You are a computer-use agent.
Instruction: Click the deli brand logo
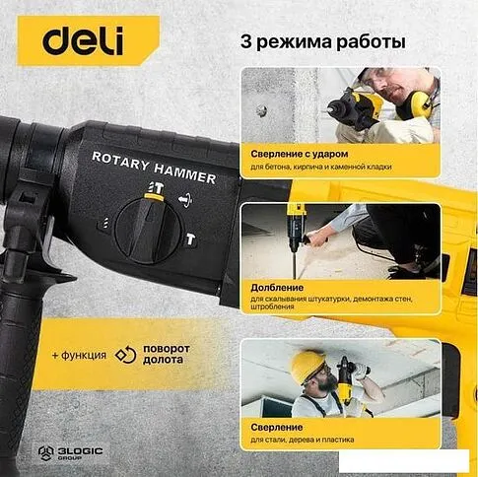(x=83, y=40)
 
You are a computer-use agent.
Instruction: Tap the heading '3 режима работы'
(x=323, y=42)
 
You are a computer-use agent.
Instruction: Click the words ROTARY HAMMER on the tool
(x=154, y=167)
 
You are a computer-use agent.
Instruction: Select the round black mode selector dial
(x=148, y=231)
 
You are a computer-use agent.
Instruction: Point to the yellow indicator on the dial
(x=154, y=197)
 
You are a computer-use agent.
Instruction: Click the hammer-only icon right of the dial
(x=190, y=239)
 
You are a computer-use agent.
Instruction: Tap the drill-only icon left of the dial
(x=104, y=223)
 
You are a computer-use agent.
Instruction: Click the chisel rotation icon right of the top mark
(x=185, y=200)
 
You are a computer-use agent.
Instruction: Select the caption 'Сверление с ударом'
(x=300, y=154)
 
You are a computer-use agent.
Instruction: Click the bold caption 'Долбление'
(x=277, y=288)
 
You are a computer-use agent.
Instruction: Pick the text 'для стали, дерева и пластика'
(x=303, y=440)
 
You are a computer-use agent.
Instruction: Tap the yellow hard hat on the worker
(x=307, y=367)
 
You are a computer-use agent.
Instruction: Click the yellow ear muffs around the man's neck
(x=417, y=103)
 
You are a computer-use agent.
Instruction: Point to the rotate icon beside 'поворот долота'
(x=125, y=355)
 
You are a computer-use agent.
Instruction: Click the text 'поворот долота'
(x=167, y=354)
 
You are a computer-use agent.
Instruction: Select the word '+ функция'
(x=79, y=355)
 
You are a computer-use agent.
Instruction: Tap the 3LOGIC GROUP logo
(x=71, y=453)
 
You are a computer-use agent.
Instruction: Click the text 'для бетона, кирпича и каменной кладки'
(x=321, y=167)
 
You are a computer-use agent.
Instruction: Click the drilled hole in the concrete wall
(x=261, y=111)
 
